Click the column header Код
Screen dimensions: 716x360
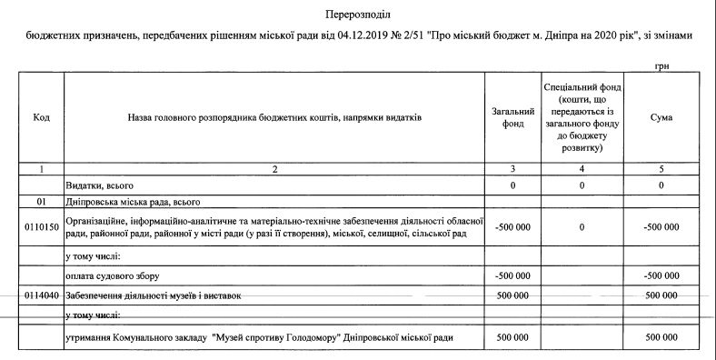[41, 117]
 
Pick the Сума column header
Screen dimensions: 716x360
[661, 117]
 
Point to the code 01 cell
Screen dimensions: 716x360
[41, 201]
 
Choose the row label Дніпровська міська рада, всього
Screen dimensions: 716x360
[133, 201]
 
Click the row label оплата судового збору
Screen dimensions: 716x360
[117, 275]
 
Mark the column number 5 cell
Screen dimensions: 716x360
[661, 168]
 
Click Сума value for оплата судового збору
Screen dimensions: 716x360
[661, 275]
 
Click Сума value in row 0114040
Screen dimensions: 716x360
[661, 296]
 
